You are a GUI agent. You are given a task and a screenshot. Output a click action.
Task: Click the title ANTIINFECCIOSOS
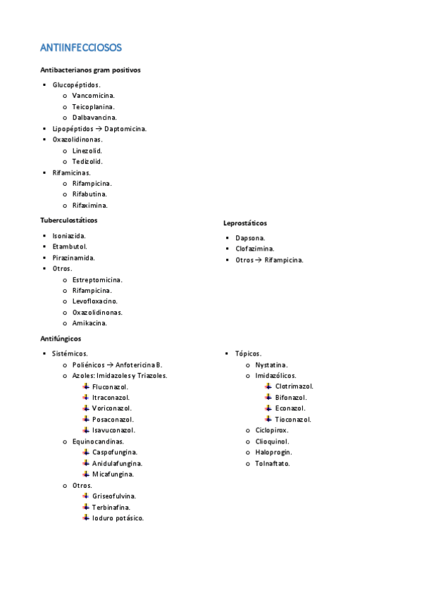pyautogui.click(x=81, y=48)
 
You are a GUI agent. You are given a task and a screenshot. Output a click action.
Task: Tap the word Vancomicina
pyautogui.click(x=94, y=95)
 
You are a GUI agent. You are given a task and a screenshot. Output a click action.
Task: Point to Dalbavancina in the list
pyautogui.click(x=94, y=118)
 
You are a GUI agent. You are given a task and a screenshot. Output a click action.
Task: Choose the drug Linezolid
pyautogui.click(x=87, y=151)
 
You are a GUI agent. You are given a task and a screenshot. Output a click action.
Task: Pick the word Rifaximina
pyautogui.click(x=90, y=206)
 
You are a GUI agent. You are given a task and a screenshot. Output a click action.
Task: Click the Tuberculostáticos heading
pyautogui.click(x=69, y=220)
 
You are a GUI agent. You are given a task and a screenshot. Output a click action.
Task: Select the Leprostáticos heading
pyautogui.click(x=244, y=223)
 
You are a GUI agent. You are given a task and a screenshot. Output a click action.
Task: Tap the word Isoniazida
pyautogui.click(x=69, y=235)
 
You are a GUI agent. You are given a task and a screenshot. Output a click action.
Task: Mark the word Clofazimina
pyautogui.click(x=255, y=249)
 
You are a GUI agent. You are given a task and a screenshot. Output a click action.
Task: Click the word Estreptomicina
pyautogui.click(x=97, y=279)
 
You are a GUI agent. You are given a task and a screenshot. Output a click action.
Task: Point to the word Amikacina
pyautogui.click(x=89, y=323)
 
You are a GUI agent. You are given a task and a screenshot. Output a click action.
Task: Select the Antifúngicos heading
pyautogui.click(x=61, y=339)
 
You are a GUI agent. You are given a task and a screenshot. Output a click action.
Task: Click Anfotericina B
pyautogui.click(x=139, y=365)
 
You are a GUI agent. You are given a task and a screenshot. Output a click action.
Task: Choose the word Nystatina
pyautogui.click(x=271, y=365)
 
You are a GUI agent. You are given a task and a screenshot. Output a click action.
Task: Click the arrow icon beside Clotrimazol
pyautogui.click(x=268, y=386)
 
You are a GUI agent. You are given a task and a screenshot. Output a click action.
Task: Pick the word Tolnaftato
pyautogui.click(x=273, y=463)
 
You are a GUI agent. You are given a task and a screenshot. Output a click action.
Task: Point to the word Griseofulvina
pyautogui.click(x=113, y=496)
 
